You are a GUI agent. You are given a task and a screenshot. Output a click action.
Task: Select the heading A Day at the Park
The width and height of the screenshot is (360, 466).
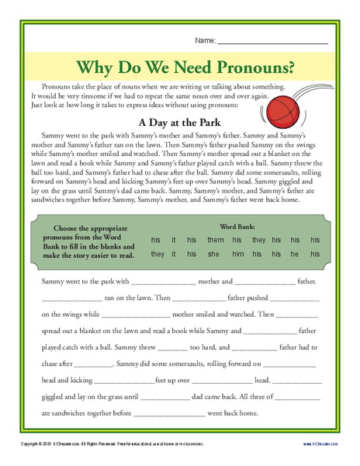[x=179, y=122]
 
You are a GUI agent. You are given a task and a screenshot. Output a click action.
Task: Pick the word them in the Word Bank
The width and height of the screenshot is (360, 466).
[x=215, y=241]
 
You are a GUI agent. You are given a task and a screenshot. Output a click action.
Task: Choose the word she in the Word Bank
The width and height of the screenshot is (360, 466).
[x=214, y=254]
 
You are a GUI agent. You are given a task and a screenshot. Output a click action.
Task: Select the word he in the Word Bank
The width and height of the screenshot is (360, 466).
[x=295, y=254]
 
